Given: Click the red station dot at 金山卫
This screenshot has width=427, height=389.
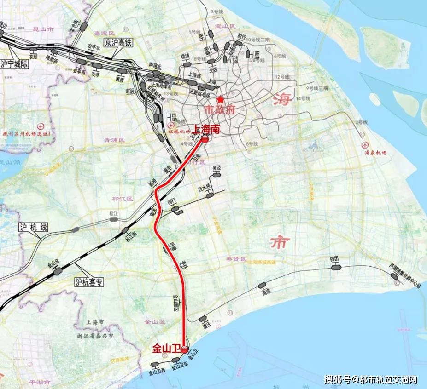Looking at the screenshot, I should [184, 350].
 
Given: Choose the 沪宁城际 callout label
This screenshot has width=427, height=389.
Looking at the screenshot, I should [15, 64].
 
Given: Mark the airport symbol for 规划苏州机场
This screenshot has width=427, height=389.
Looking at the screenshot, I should [42, 126].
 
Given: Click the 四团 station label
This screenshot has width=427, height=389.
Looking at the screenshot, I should [334, 260].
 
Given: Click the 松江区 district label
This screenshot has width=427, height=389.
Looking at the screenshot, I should [122, 199].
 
